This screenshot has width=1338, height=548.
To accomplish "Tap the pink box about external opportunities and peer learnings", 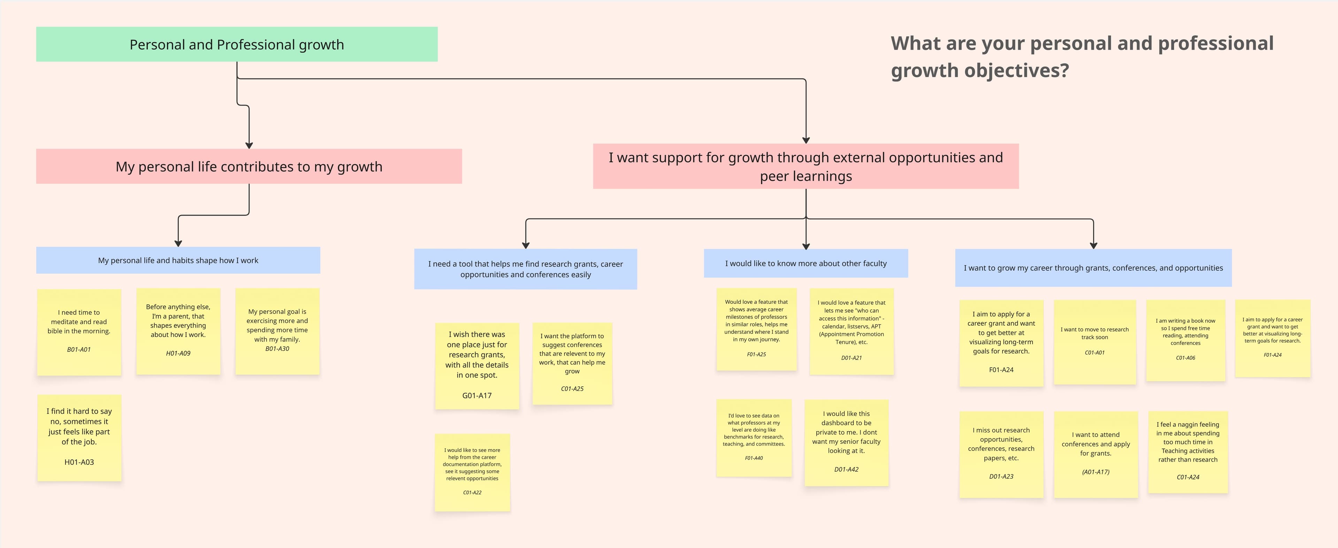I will pos(805,166).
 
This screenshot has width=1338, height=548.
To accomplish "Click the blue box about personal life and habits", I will pos(178,260).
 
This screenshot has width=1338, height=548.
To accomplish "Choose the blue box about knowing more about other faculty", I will pos(805,263).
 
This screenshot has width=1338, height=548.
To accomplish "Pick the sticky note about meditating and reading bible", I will pos(79,331).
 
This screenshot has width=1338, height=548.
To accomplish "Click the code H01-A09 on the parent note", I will pos(178,353).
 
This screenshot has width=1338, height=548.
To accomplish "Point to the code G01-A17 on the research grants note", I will pos(476,396).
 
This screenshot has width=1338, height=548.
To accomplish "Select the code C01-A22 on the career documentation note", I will pos(472,492).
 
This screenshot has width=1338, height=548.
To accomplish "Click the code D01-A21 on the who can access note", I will pos(851,358).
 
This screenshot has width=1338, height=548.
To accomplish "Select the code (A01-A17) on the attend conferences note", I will pos(1095,472).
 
